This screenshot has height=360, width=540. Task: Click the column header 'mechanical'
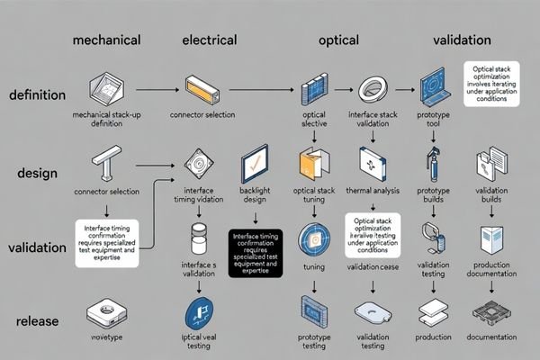tap(106, 40)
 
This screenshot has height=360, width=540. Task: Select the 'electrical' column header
tap(209, 40)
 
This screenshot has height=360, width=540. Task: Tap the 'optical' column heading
tap(339, 40)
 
